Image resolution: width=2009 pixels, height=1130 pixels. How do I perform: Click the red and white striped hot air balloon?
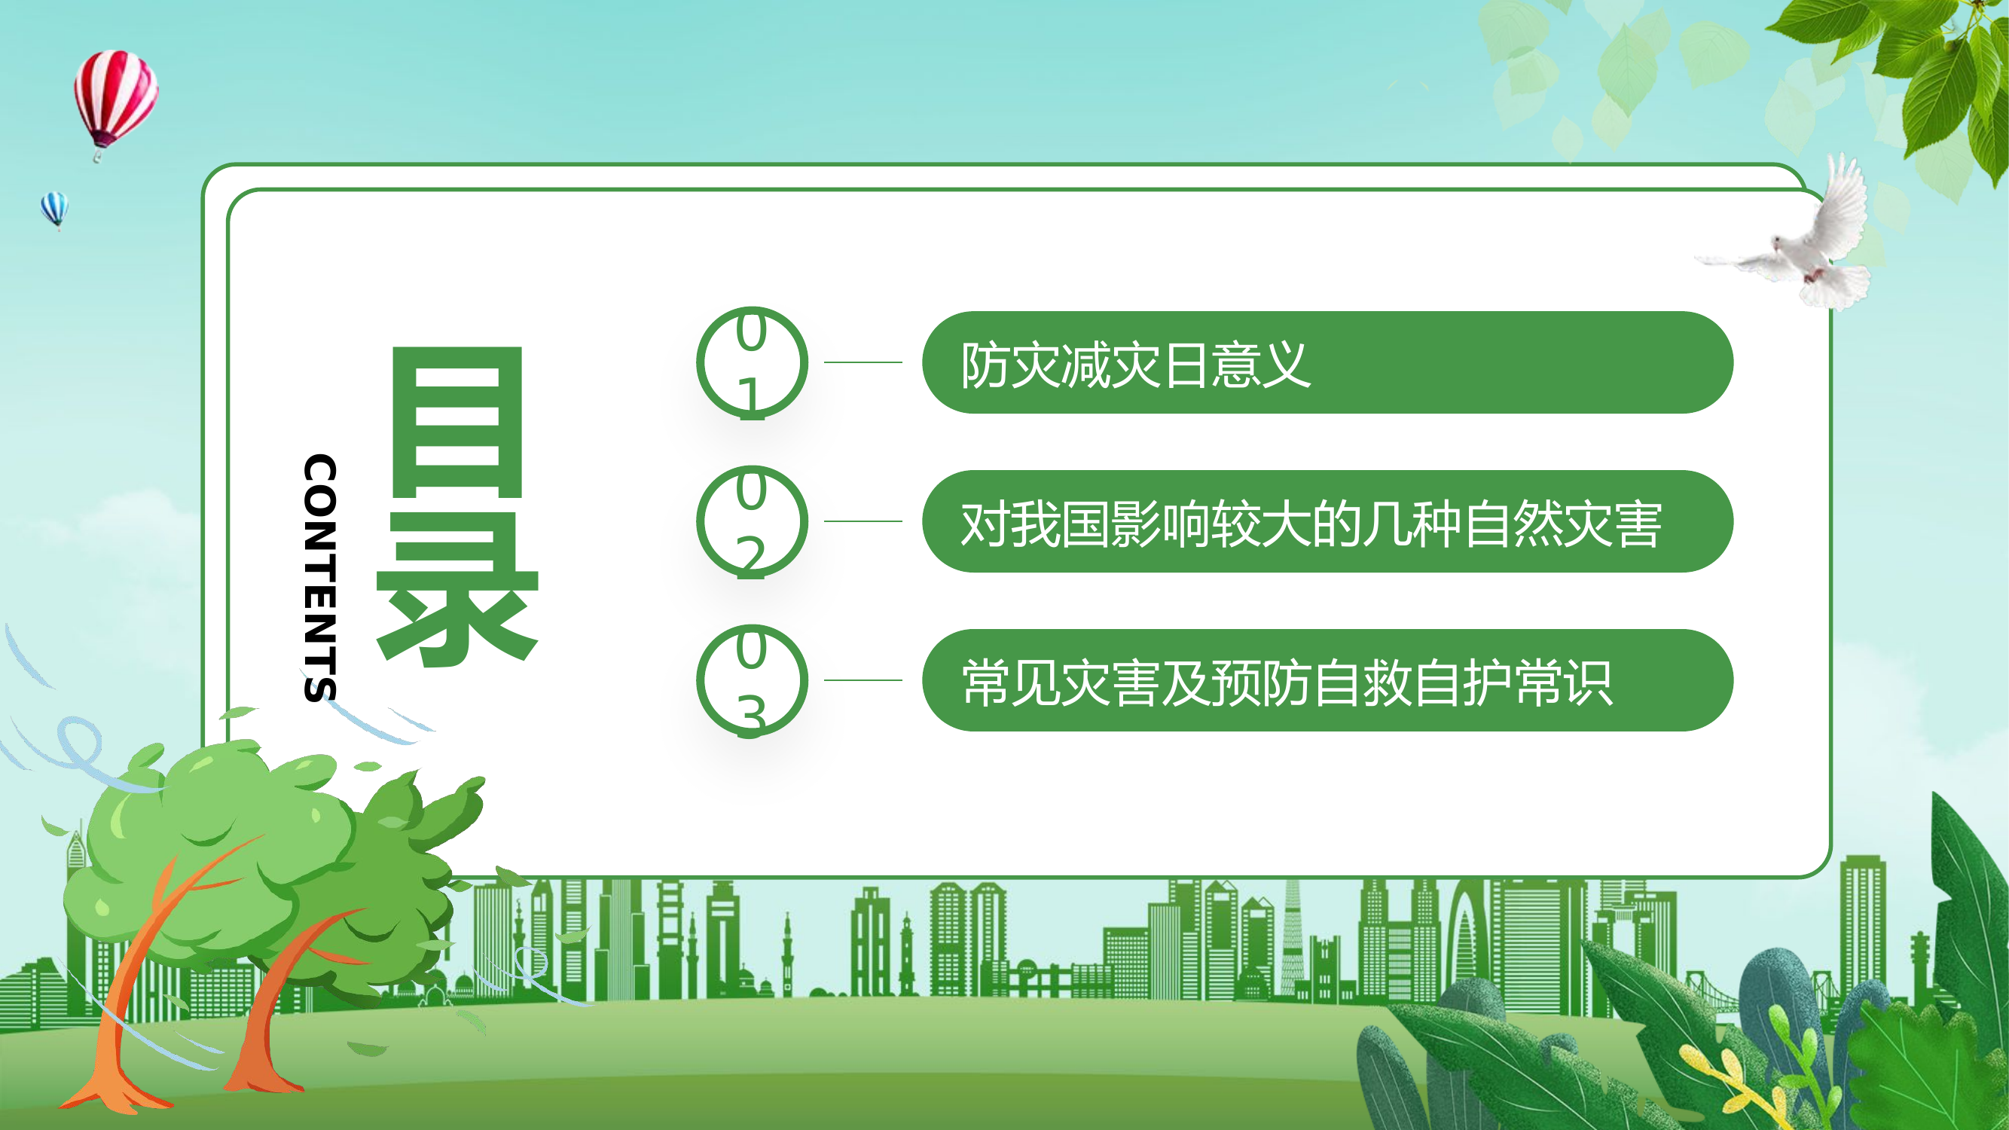point(115,93)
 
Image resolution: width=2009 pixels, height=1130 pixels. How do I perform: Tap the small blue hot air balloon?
point(54,207)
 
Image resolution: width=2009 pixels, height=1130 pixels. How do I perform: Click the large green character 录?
point(457,589)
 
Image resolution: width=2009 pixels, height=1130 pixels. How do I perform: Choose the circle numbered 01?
point(751,362)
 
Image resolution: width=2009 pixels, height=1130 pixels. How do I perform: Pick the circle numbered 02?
point(751,522)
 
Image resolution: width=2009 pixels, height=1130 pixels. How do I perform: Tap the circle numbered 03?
point(751,681)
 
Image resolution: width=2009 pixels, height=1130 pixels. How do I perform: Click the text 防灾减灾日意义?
point(1134,364)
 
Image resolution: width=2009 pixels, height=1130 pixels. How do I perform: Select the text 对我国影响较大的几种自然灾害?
point(1310,524)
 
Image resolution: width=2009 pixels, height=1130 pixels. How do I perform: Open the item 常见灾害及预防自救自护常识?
point(1287,683)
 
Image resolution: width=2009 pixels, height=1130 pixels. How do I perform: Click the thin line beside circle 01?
point(863,362)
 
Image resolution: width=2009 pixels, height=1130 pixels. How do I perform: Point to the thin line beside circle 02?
point(863,521)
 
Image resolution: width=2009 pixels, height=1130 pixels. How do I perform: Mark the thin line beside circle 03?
point(863,680)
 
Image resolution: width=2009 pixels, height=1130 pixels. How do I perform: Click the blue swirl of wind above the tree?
point(78,745)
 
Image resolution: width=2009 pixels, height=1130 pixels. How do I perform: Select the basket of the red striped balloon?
point(97,157)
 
